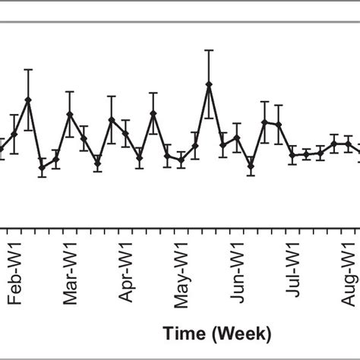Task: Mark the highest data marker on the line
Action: point(209,84)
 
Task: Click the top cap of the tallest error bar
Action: point(209,50)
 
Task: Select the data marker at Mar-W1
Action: point(70,115)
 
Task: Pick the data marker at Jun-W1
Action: point(237,137)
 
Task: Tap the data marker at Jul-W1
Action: point(292,155)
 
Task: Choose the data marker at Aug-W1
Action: point(348,143)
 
